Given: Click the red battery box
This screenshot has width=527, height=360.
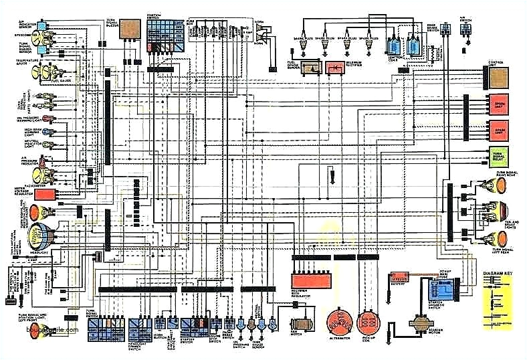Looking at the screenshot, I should point(400,276).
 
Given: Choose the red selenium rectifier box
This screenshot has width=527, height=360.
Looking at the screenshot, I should point(332,67).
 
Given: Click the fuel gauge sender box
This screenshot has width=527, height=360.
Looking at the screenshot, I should point(311,67).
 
